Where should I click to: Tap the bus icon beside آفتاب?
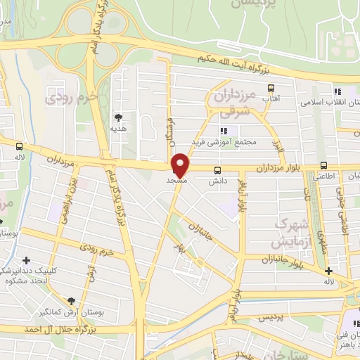coord(271,89)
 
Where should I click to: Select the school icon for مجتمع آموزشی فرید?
coord(224,131)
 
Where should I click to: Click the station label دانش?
coord(217,181)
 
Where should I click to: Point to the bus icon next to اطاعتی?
coord(323,167)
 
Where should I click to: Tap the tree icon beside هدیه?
coord(117,117)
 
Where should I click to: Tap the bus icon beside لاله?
coord(19,147)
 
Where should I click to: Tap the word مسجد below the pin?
coord(175,181)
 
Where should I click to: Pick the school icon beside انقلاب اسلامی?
coord(337,91)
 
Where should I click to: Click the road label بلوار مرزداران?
coord(278,169)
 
